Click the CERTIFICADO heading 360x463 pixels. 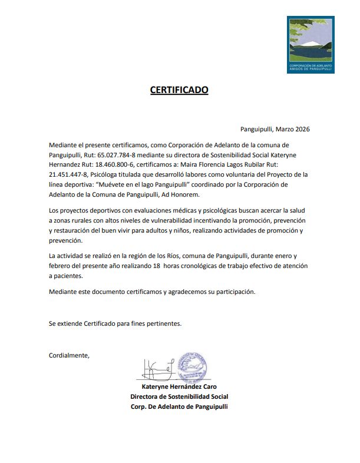tap(179, 90)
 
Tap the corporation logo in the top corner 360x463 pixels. tap(310, 44)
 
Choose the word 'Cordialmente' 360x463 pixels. tap(69, 355)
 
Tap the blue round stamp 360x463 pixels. tap(193, 368)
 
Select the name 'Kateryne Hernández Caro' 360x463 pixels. tap(179, 387)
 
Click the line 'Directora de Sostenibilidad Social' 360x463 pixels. tap(179, 396)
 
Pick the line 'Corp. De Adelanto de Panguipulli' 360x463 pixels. tap(179, 406)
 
